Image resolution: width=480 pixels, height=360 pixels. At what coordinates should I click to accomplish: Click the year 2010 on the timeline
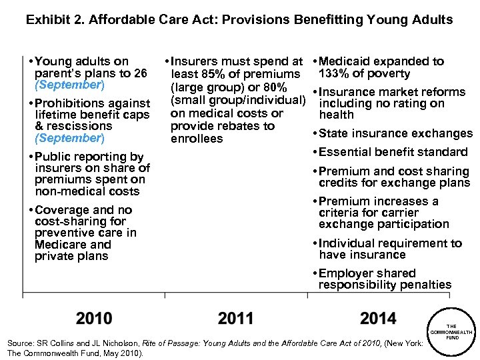94,319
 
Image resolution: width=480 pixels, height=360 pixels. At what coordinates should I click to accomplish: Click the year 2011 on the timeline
235,319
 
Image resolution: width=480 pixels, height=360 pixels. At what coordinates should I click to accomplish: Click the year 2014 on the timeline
378,319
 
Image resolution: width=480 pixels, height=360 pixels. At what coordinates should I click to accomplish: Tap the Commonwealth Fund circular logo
451,331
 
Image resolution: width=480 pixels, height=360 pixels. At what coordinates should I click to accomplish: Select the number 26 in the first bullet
140,73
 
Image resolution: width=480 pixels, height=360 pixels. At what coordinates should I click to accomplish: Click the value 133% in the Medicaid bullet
337,73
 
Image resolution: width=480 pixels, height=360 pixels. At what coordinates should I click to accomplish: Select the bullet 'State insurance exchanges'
395,133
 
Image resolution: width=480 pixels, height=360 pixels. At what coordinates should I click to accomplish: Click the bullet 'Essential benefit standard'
393,152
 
